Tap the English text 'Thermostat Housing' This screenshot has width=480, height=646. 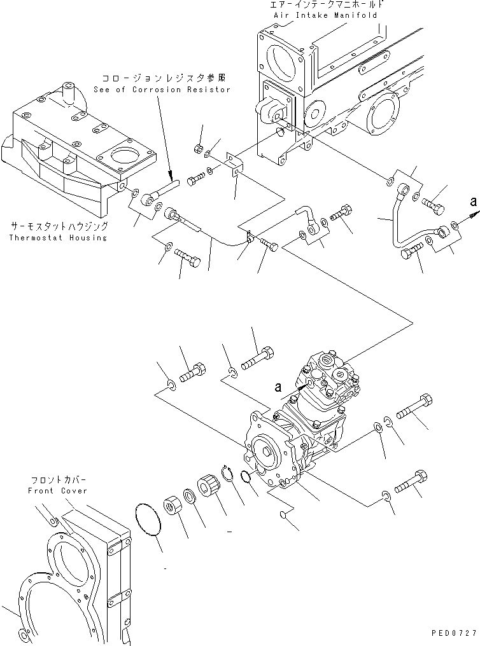pyautogui.click(x=59, y=238)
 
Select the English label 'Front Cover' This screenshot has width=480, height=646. pyautogui.click(x=57, y=491)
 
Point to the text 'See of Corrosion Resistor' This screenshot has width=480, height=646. pyautogui.click(x=164, y=90)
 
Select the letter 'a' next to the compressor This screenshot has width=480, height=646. pyautogui.click(x=277, y=387)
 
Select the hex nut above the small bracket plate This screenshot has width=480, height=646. pyautogui.click(x=198, y=149)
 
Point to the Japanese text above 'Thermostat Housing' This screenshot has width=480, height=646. pyautogui.click(x=59, y=226)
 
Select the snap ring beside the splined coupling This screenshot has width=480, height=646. pyautogui.click(x=228, y=475)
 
